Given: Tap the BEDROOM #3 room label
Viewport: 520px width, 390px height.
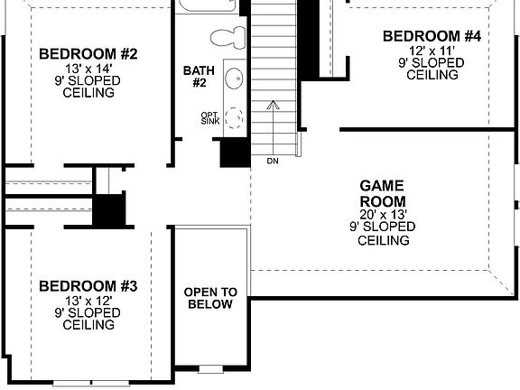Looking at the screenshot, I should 88,286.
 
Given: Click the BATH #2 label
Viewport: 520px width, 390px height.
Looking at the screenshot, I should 199,77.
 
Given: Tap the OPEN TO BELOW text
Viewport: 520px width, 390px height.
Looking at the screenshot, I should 210,298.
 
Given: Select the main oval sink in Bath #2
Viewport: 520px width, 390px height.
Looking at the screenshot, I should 233,79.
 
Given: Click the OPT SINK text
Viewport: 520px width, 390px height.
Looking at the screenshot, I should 210,118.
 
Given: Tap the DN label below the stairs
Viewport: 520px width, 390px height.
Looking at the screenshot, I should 273,162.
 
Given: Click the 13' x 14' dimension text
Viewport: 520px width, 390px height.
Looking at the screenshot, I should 88,68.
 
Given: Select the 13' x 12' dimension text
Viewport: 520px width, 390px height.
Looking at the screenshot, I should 88,300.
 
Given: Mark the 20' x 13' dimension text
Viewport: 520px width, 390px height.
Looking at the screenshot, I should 383,215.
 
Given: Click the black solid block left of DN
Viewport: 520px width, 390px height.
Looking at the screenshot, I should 235,150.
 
